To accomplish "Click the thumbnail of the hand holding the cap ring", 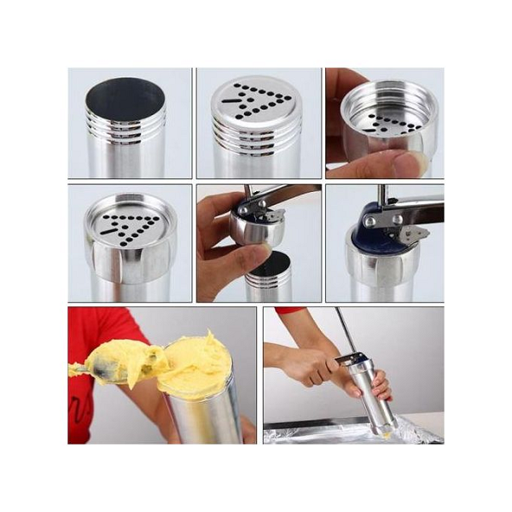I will [384, 123].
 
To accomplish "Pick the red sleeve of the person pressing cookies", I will [290, 311].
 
